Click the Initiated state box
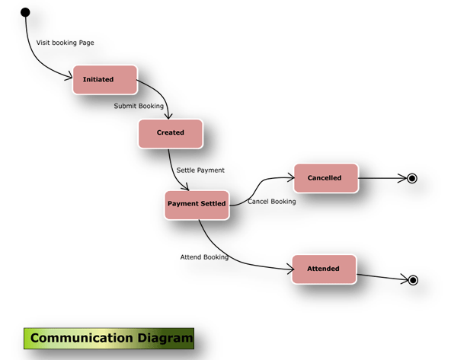(104, 79)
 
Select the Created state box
(171, 132)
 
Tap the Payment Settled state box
(197, 203)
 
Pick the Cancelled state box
(325, 178)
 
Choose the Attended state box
(323, 269)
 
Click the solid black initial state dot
(25, 12)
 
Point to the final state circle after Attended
(413, 280)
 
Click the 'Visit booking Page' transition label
(66, 43)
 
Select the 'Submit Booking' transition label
(139, 106)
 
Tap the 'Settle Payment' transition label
(200, 170)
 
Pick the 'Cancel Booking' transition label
(272, 202)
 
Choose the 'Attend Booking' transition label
(204, 257)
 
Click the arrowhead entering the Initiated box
(69, 78)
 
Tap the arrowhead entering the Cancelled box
(290, 178)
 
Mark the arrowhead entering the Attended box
(289, 268)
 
